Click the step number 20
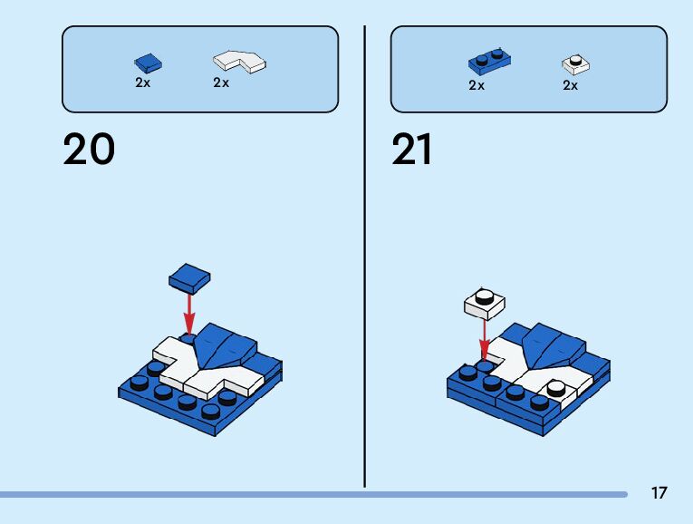pyautogui.click(x=89, y=150)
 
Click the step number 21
pyautogui.click(x=412, y=150)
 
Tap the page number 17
pyautogui.click(x=659, y=493)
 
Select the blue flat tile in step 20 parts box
pyautogui.click(x=149, y=63)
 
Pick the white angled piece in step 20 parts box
pyautogui.click(x=240, y=61)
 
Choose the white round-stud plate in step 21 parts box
pyautogui.click(x=575, y=64)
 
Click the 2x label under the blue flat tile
pyautogui.click(x=143, y=82)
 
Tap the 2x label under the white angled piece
pyautogui.click(x=221, y=82)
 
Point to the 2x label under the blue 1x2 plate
pyautogui.click(x=476, y=85)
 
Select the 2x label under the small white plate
pyautogui.click(x=570, y=85)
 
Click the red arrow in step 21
pyautogui.click(x=485, y=340)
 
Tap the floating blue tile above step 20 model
pyautogui.click(x=190, y=277)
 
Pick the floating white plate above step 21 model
pyautogui.click(x=485, y=303)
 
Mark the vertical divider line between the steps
pyautogui.click(x=365, y=254)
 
